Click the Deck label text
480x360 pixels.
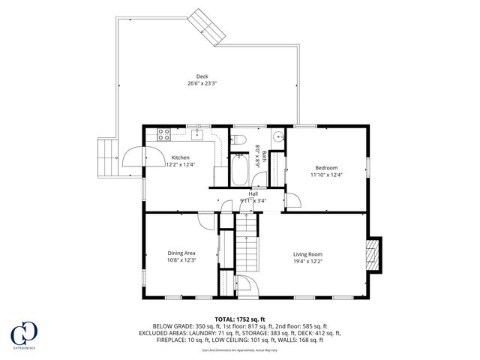click(x=202, y=76)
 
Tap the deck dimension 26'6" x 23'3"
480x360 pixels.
click(x=202, y=83)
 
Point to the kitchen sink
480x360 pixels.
click(x=197, y=135)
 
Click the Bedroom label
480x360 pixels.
click(x=326, y=167)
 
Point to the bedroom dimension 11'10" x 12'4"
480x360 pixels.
click(x=326, y=175)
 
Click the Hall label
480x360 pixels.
click(x=253, y=193)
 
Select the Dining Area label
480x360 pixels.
click(x=181, y=253)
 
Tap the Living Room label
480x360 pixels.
click(x=307, y=253)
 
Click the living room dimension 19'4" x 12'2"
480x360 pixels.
click(x=307, y=261)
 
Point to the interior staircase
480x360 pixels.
click(x=247, y=244)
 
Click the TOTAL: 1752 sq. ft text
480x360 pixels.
click(x=240, y=319)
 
